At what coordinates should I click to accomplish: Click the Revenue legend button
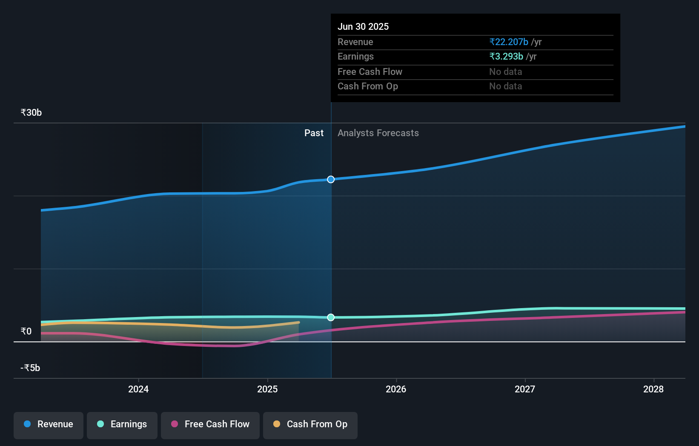click(49, 425)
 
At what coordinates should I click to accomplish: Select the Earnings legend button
click(122, 425)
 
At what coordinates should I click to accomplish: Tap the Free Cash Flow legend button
click(210, 425)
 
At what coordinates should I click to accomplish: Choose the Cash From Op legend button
click(310, 425)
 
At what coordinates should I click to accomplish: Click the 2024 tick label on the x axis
click(138, 389)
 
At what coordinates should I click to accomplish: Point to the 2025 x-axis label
click(267, 389)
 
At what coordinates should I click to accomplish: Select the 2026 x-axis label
click(396, 389)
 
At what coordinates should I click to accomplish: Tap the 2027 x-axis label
click(525, 389)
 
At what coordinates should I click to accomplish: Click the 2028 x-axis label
click(653, 389)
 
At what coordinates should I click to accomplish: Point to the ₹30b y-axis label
click(31, 113)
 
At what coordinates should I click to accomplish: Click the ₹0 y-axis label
click(26, 332)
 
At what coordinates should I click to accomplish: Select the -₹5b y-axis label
click(30, 368)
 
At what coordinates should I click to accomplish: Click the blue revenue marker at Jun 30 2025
click(331, 180)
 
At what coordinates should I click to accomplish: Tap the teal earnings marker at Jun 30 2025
click(331, 317)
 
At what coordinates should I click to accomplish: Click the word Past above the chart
click(314, 133)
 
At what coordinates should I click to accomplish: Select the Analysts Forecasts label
click(378, 133)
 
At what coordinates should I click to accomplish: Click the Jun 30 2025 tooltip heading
click(363, 27)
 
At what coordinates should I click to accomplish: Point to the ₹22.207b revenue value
click(509, 42)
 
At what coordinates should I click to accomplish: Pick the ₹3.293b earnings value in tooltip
click(506, 57)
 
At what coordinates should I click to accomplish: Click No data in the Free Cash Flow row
click(505, 72)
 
